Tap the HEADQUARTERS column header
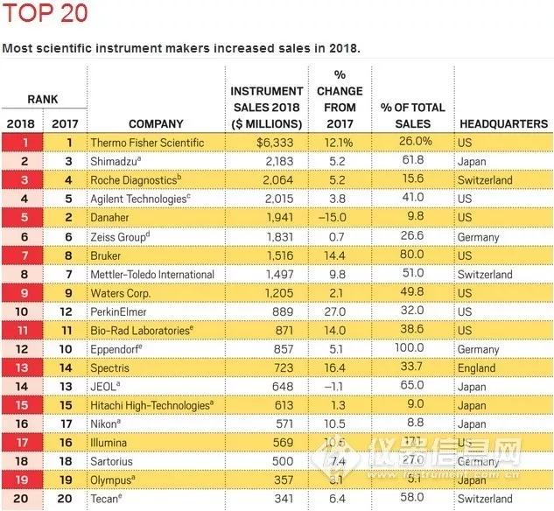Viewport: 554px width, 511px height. pos(502,124)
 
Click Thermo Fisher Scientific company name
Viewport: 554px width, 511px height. pos(147,142)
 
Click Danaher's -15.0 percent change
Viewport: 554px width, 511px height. pos(337,217)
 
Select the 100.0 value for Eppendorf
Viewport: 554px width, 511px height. pos(416,349)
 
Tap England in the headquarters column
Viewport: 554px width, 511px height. pos(478,368)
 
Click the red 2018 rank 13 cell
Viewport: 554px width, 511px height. pos(19,368)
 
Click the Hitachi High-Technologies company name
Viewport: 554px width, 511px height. pos(151,406)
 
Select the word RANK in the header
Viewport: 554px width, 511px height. pos(41,100)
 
